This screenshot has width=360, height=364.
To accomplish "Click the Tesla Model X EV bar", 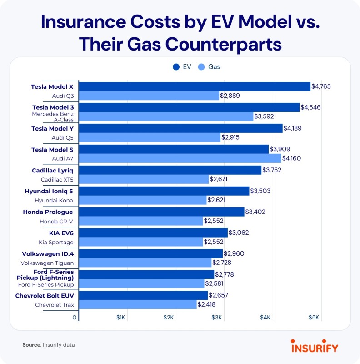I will (195, 86).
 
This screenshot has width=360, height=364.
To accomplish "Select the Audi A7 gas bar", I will (180, 158).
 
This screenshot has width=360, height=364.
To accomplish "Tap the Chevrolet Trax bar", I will (138, 305).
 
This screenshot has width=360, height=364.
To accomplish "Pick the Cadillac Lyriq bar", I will (170, 170).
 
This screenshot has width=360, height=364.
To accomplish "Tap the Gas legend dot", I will (201, 67).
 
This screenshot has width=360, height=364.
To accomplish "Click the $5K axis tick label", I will (314, 317).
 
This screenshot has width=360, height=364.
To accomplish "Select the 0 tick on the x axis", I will (74, 317).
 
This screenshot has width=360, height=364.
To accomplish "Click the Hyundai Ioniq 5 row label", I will (49, 191).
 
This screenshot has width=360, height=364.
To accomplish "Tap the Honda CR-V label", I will (56, 221).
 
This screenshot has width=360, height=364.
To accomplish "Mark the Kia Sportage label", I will (55, 242).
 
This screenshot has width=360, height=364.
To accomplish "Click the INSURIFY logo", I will (315, 348).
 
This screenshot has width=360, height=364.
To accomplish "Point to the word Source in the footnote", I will (31, 345).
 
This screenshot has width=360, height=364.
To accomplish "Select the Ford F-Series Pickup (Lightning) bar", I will (147, 274).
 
